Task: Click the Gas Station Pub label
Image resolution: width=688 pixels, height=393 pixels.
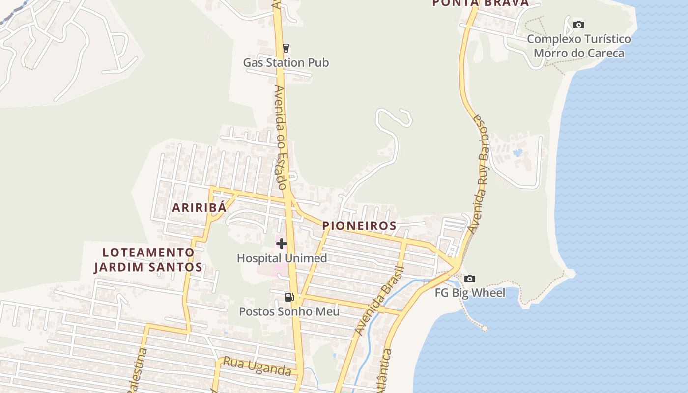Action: (x=286, y=63)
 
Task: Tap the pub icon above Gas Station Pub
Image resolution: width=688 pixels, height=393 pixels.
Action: (x=286, y=48)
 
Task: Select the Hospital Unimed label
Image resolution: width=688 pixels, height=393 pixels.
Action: (x=282, y=258)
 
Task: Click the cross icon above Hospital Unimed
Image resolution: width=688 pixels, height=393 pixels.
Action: (x=282, y=244)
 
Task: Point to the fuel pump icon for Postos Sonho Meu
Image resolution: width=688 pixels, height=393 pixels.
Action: (x=289, y=297)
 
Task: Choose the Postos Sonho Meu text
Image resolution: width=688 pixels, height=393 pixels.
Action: (x=289, y=311)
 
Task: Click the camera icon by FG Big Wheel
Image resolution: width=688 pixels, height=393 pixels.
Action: (x=470, y=279)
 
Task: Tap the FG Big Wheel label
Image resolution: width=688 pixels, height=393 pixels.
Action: (x=470, y=293)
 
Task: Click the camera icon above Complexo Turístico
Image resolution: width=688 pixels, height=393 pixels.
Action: (x=579, y=25)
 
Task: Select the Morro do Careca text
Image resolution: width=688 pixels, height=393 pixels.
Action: (x=579, y=53)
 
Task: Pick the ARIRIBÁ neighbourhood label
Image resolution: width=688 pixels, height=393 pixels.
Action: (x=199, y=208)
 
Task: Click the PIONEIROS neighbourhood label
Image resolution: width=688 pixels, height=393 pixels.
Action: (x=359, y=226)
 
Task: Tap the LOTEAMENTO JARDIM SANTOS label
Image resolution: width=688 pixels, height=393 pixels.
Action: (x=148, y=260)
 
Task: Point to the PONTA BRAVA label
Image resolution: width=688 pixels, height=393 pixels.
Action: (x=480, y=3)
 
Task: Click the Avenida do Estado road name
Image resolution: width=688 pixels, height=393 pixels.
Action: (x=280, y=138)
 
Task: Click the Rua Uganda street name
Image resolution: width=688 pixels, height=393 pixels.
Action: (x=257, y=366)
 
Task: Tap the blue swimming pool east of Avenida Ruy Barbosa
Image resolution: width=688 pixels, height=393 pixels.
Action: (x=517, y=153)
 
